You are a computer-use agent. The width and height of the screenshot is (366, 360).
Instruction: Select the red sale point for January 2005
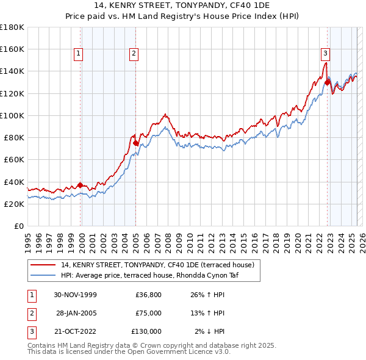point(135,143)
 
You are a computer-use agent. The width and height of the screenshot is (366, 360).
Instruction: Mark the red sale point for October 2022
point(328,82)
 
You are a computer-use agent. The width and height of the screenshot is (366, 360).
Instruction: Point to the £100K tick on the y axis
point(12,115)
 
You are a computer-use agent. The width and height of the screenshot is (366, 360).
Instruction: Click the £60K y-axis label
point(13,159)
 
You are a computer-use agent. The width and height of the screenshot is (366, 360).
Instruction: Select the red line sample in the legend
point(43,265)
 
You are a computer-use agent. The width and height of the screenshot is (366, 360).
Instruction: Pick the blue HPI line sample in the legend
point(43,275)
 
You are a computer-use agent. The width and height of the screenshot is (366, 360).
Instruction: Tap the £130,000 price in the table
point(146,331)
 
